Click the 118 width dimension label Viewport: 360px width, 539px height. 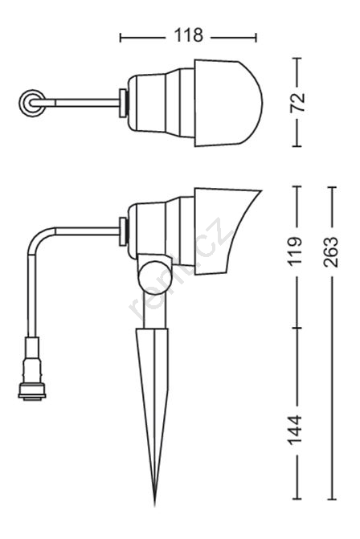pos(188,35)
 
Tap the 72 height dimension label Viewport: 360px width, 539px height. pos(297,102)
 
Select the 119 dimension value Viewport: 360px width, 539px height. pos(296,251)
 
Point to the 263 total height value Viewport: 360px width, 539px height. pos(331,251)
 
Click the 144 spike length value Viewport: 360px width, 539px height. pos(295,430)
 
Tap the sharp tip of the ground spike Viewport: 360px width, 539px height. pos(155,505)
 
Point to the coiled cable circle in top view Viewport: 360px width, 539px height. pos(32,103)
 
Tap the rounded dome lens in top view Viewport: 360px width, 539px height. pos(228,103)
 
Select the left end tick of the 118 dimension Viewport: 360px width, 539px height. pos(121,38)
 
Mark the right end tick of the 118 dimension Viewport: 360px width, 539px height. pos(256,38)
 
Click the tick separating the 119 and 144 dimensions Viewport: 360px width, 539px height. pos(297,329)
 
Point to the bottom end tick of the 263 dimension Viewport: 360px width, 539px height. pos(332,499)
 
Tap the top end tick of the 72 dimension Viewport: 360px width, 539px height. pos(297,59)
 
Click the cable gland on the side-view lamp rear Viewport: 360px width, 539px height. pos(123,231)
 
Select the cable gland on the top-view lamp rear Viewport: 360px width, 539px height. pos(123,103)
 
